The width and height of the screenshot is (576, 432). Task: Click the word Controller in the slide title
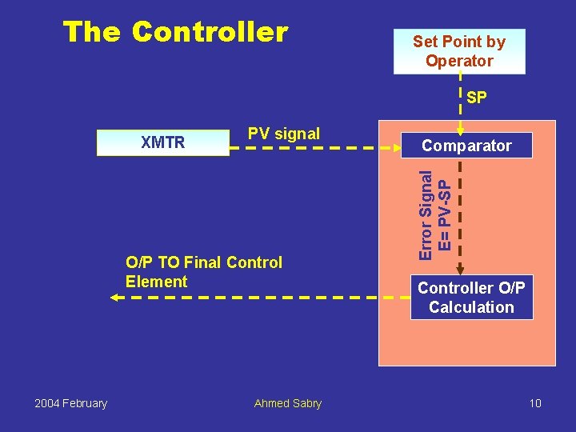point(210,32)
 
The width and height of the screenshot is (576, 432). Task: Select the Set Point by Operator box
point(459,51)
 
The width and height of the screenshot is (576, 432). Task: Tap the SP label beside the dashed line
point(477,98)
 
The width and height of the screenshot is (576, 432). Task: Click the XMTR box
point(162,143)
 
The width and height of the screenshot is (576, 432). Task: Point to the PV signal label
point(283,134)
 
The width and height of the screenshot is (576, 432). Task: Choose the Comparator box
point(466,146)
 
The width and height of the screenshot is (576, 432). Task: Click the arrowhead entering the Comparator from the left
point(405,148)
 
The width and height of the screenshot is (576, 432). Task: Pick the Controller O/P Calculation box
point(471,298)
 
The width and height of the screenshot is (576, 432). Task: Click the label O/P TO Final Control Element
point(203,272)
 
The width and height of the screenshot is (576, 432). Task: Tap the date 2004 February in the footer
point(70,403)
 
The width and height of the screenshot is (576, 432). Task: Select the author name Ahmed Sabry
point(287,403)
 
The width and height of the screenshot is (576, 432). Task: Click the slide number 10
point(535,403)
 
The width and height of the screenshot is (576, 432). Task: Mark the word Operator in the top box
point(459,61)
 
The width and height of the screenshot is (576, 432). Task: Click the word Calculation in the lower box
point(471,307)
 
